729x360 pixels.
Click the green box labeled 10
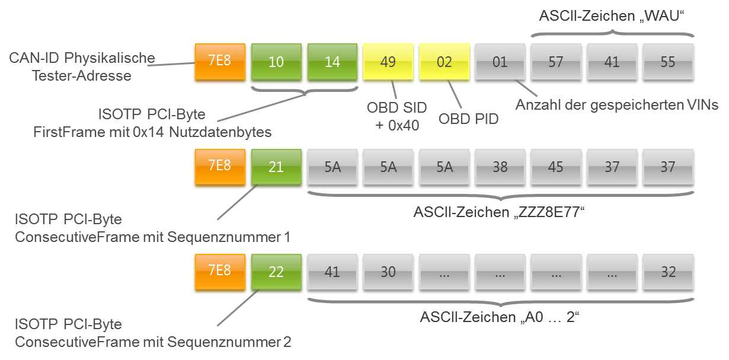coord(276,62)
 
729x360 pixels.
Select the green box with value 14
coord(332,62)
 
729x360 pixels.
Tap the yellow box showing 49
coord(388,62)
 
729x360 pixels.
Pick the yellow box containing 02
coord(444,62)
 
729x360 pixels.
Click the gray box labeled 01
coord(500,62)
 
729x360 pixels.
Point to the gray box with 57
coord(556,62)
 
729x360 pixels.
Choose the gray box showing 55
coord(668,62)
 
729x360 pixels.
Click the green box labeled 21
coord(276,167)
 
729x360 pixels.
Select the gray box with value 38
coord(500,167)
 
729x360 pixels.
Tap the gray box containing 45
coord(556,167)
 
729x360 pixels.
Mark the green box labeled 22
coord(276,272)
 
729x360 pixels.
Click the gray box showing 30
coord(388,272)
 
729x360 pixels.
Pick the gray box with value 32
coord(668,272)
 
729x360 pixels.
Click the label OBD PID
coord(469,119)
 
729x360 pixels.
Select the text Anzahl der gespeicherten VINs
coord(617,106)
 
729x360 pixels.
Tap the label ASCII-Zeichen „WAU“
coord(616,16)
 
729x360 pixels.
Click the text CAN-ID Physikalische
coord(83,59)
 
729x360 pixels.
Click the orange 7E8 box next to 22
coord(219,272)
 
